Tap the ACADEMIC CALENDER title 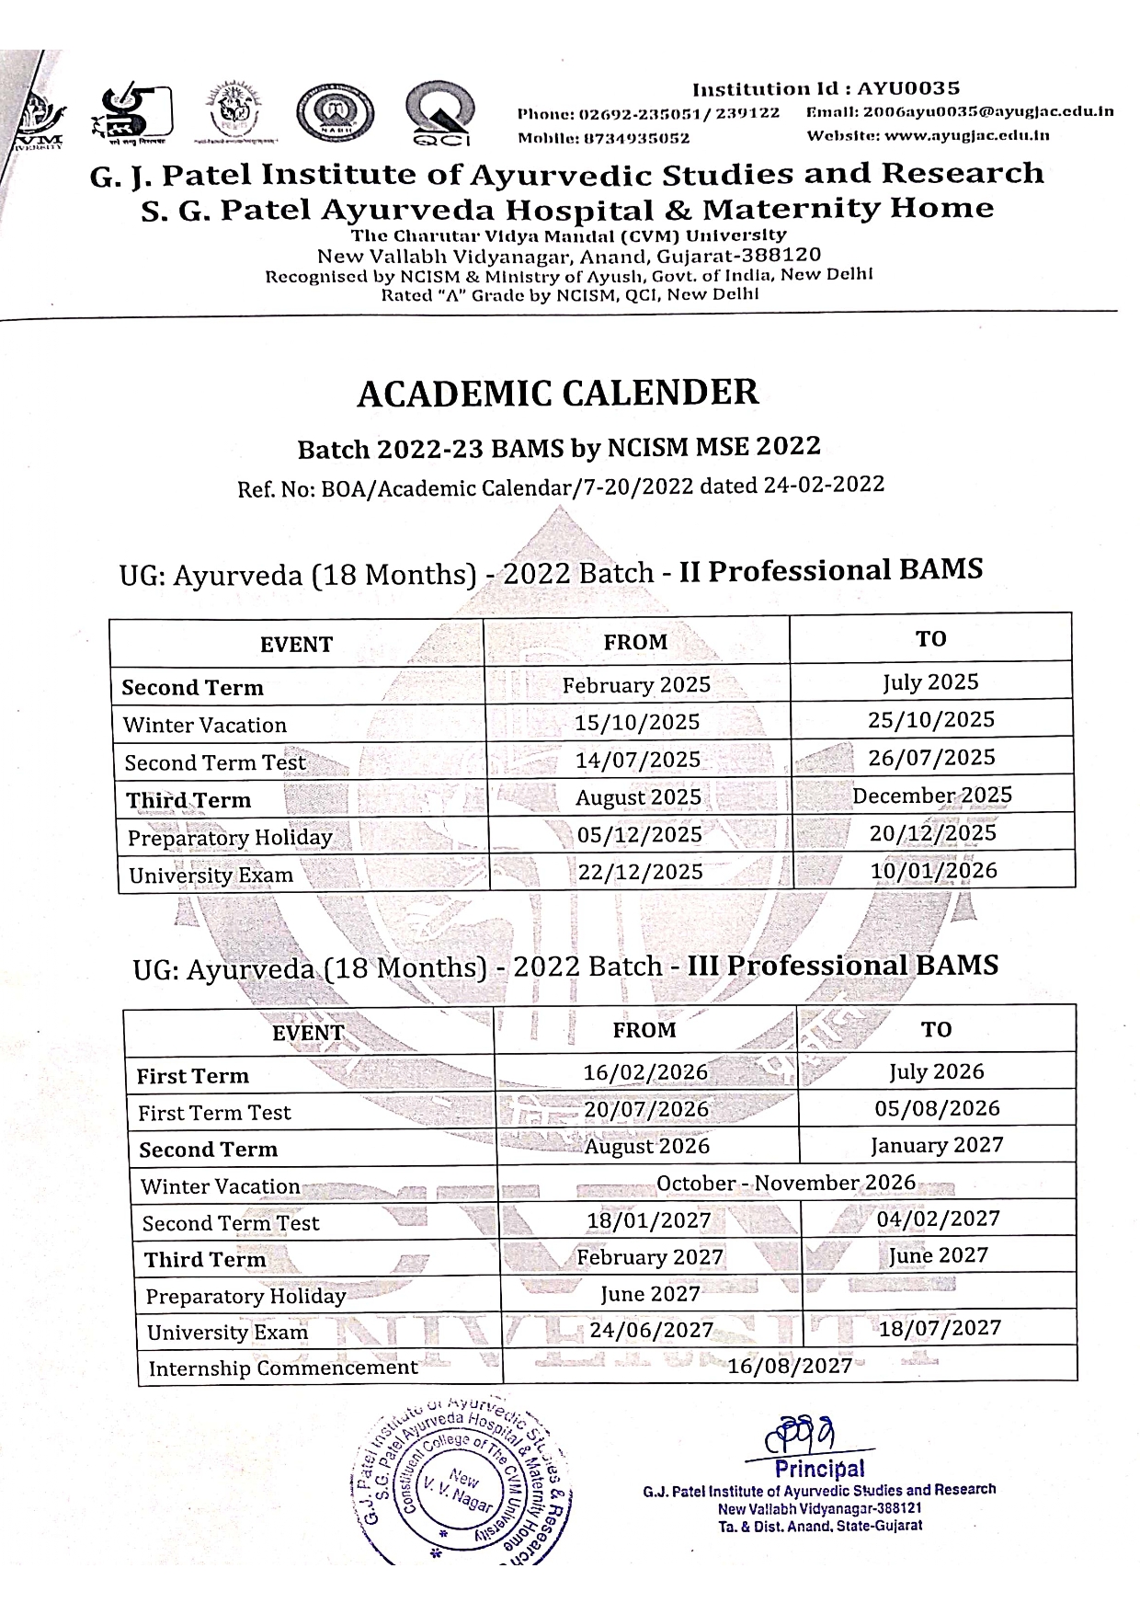pyautogui.click(x=557, y=393)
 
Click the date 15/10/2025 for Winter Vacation pyautogui.click(x=636, y=723)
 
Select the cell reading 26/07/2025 pyautogui.click(x=931, y=758)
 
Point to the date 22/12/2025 pyautogui.click(x=640, y=872)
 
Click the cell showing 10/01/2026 pyautogui.click(x=933, y=870)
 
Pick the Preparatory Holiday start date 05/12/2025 pyautogui.click(x=639, y=834)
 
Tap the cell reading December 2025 pyautogui.click(x=931, y=796)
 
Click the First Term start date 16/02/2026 pyautogui.click(x=645, y=1072)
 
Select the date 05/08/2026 pyautogui.click(x=937, y=1108)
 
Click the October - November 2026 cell pyautogui.click(x=786, y=1183)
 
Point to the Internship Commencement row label pyautogui.click(x=283, y=1368)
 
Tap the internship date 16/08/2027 pyautogui.click(x=790, y=1366)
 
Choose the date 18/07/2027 pyautogui.click(x=939, y=1328)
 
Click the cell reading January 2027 pyautogui.click(x=936, y=1146)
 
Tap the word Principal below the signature pyautogui.click(x=819, y=1469)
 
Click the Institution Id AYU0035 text pyautogui.click(x=826, y=89)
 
